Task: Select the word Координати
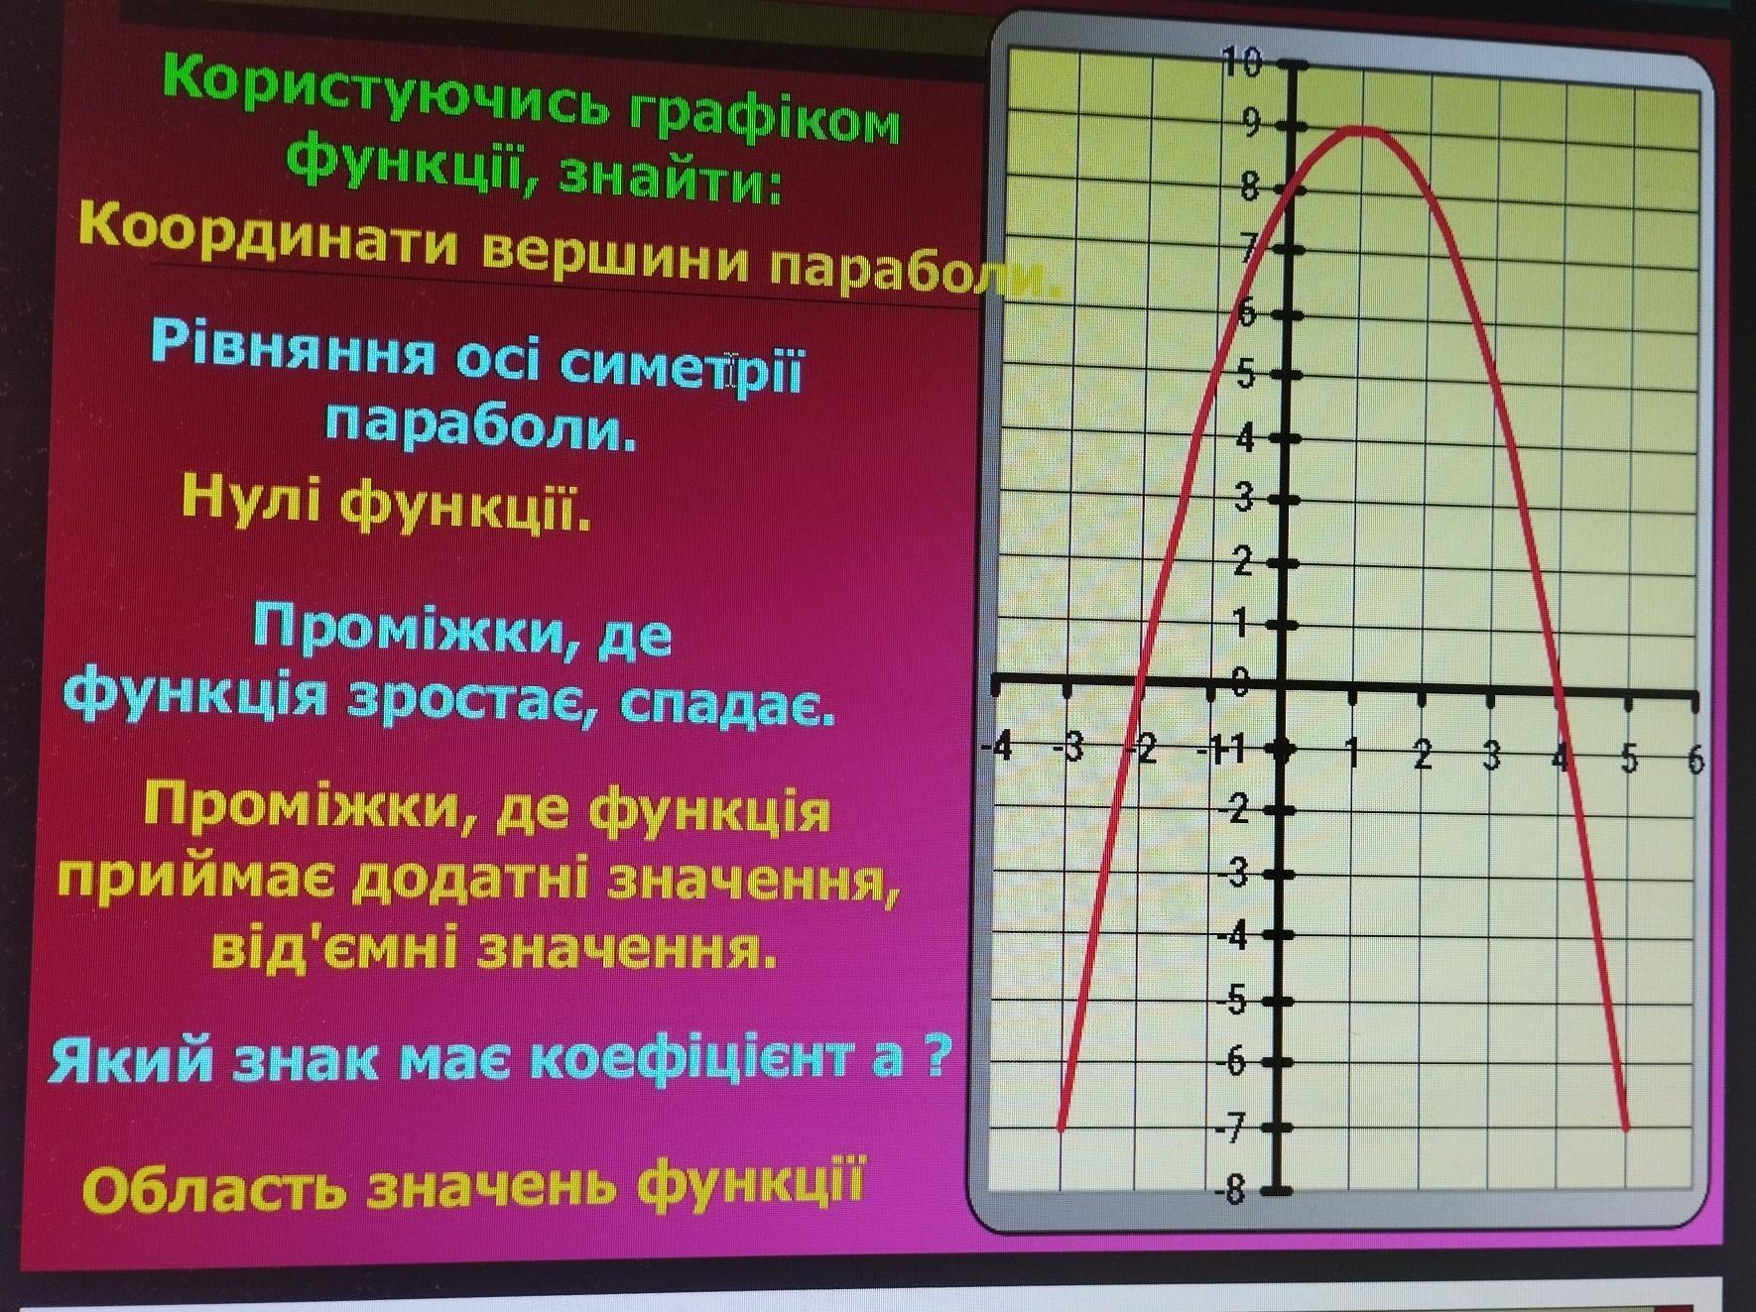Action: (270, 239)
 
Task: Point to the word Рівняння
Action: (295, 346)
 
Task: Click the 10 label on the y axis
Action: (1241, 63)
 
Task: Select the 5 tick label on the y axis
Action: (1246, 375)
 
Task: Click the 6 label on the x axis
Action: (1694, 761)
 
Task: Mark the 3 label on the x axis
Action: (1492, 757)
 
